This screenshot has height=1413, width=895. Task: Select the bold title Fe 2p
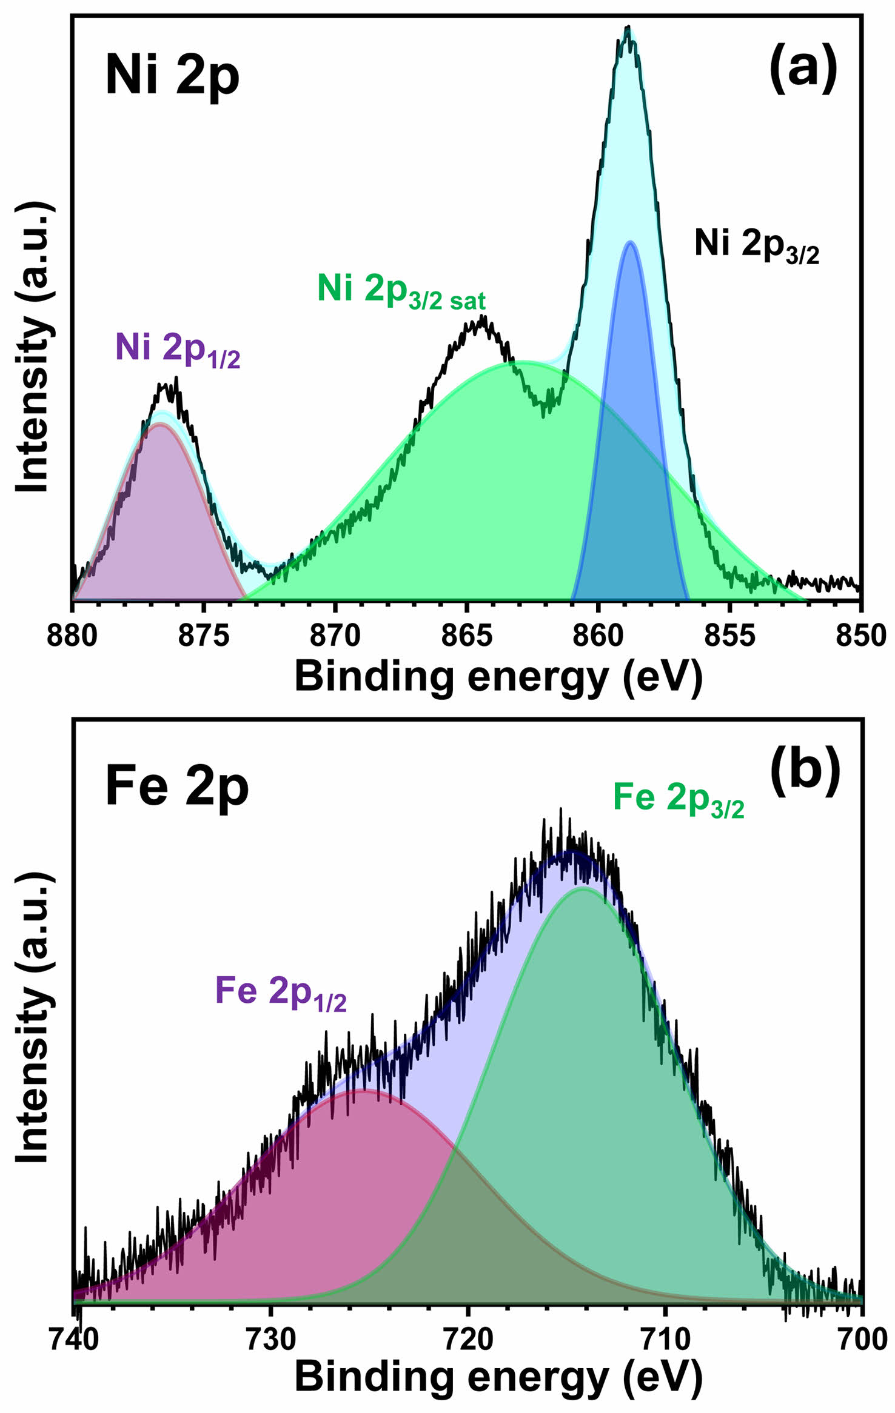(177, 788)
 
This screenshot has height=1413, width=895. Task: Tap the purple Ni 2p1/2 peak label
(178, 350)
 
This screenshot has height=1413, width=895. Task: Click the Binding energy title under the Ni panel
(498, 677)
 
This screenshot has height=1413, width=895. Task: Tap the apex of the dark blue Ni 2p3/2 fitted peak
(631, 242)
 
